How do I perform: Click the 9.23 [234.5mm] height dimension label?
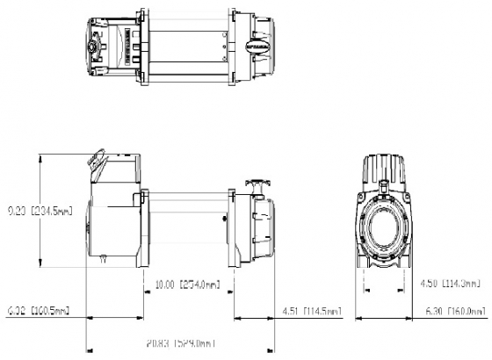pyautogui.click(x=38, y=211)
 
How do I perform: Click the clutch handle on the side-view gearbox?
pyautogui.click(x=255, y=183)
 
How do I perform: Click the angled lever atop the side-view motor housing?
pyautogui.click(x=94, y=160)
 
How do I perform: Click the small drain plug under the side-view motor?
pyautogui.click(x=104, y=258)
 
